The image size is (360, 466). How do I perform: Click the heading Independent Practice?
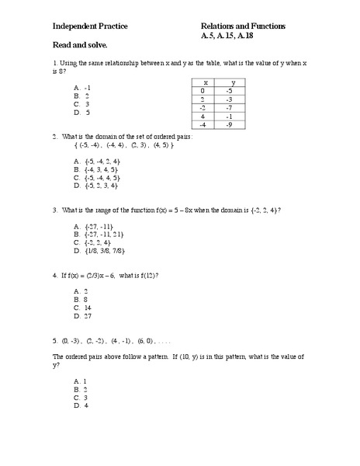[x=90, y=26]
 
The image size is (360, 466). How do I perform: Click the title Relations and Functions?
[x=243, y=26]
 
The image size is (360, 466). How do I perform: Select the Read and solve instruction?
[x=79, y=47]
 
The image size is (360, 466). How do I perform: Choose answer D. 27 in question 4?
[x=83, y=316]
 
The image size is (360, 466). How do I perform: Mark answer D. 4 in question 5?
[x=81, y=405]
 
